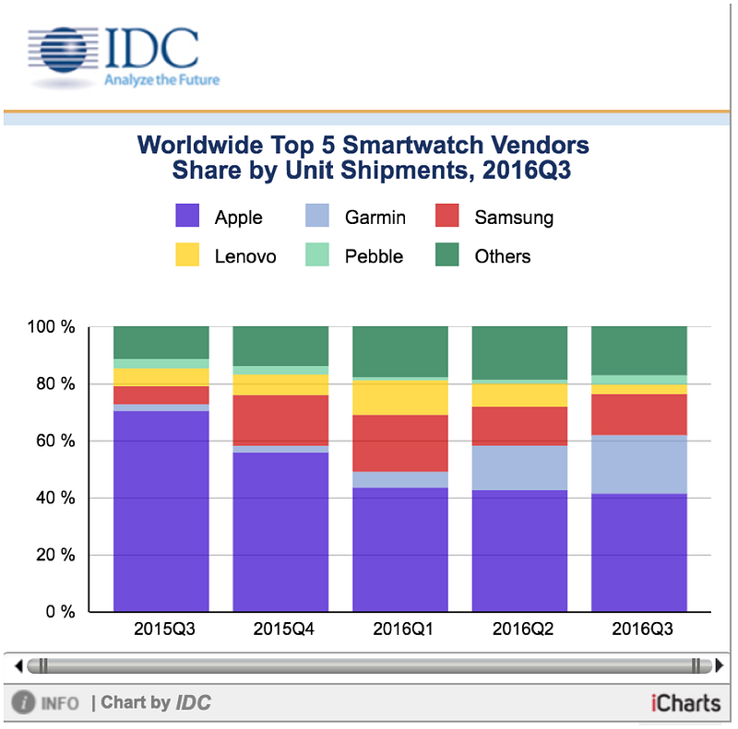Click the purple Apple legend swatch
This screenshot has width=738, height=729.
point(188,217)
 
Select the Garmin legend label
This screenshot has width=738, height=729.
point(375,218)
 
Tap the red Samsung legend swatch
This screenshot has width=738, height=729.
point(446,217)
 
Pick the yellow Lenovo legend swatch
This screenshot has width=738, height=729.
point(188,255)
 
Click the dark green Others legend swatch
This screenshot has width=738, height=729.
point(446,255)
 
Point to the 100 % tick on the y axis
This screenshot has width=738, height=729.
point(54,327)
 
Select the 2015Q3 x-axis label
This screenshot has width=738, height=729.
point(161,632)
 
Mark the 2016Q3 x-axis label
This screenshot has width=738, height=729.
point(639,632)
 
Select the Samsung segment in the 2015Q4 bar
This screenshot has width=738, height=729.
point(280,420)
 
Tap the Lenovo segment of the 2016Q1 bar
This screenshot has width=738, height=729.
point(400,398)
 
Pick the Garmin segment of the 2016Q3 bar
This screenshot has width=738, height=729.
point(639,464)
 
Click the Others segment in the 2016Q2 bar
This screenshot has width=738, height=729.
point(519,352)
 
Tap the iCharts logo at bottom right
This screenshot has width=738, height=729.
point(684,703)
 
